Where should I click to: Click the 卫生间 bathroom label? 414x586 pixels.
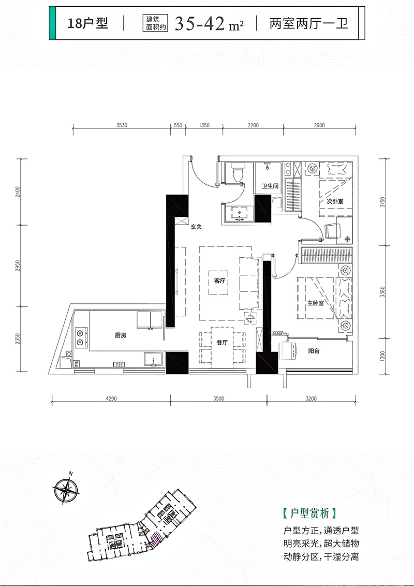pos(270,186)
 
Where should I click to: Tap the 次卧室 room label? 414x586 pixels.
pos(334,201)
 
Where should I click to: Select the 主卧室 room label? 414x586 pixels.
pos(315,303)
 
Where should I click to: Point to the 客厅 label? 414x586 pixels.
pos(220,281)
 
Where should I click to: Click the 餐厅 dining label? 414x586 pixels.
pos(222,342)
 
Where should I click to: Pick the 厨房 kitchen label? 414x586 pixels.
pos(121,335)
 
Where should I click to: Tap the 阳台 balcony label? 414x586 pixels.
pos(314,351)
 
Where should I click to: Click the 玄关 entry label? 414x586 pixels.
pos(196,226)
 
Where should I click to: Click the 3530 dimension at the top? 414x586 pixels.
pos(122,125)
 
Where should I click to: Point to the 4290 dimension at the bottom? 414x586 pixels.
pos(111,399)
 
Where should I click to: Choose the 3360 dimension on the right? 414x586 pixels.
pos(382,292)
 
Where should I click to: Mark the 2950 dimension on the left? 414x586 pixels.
pos(18,266)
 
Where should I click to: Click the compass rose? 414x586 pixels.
pos(66,490)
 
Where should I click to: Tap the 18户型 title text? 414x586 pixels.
pos(88,23)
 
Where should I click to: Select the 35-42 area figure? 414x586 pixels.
pos(200,24)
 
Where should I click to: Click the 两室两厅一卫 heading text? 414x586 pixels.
pos(308,23)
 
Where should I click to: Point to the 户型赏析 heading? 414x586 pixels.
pos(310,513)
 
